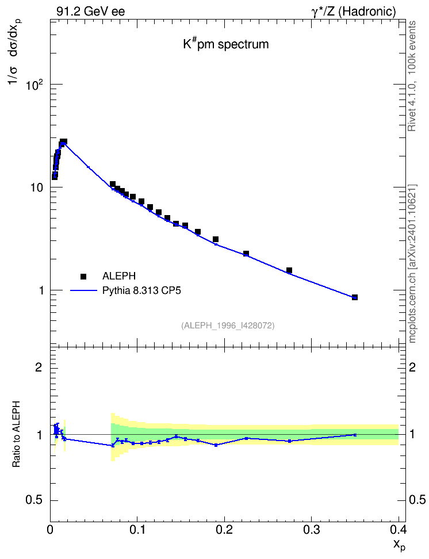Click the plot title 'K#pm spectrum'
(x=226, y=44)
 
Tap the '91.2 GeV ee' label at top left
(x=91, y=12)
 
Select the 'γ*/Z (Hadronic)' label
(x=354, y=12)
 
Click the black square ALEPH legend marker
(x=83, y=276)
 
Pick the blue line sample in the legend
(x=83, y=291)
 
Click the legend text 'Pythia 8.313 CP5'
(x=141, y=290)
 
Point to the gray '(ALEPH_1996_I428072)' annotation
(x=228, y=326)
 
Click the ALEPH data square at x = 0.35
(x=354, y=297)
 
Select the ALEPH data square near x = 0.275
(x=289, y=270)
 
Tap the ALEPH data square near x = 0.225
(x=246, y=254)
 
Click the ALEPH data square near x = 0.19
(x=216, y=239)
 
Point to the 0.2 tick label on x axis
(x=224, y=529)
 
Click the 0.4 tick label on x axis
(x=398, y=529)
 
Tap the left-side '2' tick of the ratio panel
(x=39, y=367)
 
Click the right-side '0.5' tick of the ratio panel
(x=417, y=500)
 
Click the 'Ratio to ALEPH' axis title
(x=16, y=434)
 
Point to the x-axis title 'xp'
(x=399, y=545)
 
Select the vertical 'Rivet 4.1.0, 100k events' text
(x=412, y=76)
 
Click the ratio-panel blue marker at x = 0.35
(x=354, y=435)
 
